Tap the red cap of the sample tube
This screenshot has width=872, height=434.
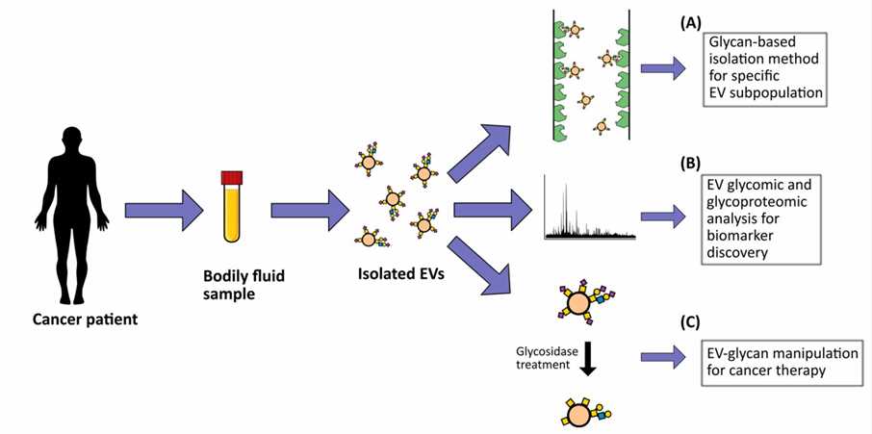(x=231, y=178)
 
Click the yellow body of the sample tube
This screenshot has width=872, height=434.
(x=231, y=217)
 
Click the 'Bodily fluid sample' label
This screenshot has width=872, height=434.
(x=232, y=283)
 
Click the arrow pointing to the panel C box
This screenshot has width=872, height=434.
(x=662, y=356)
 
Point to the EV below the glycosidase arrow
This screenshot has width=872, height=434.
(x=579, y=411)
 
